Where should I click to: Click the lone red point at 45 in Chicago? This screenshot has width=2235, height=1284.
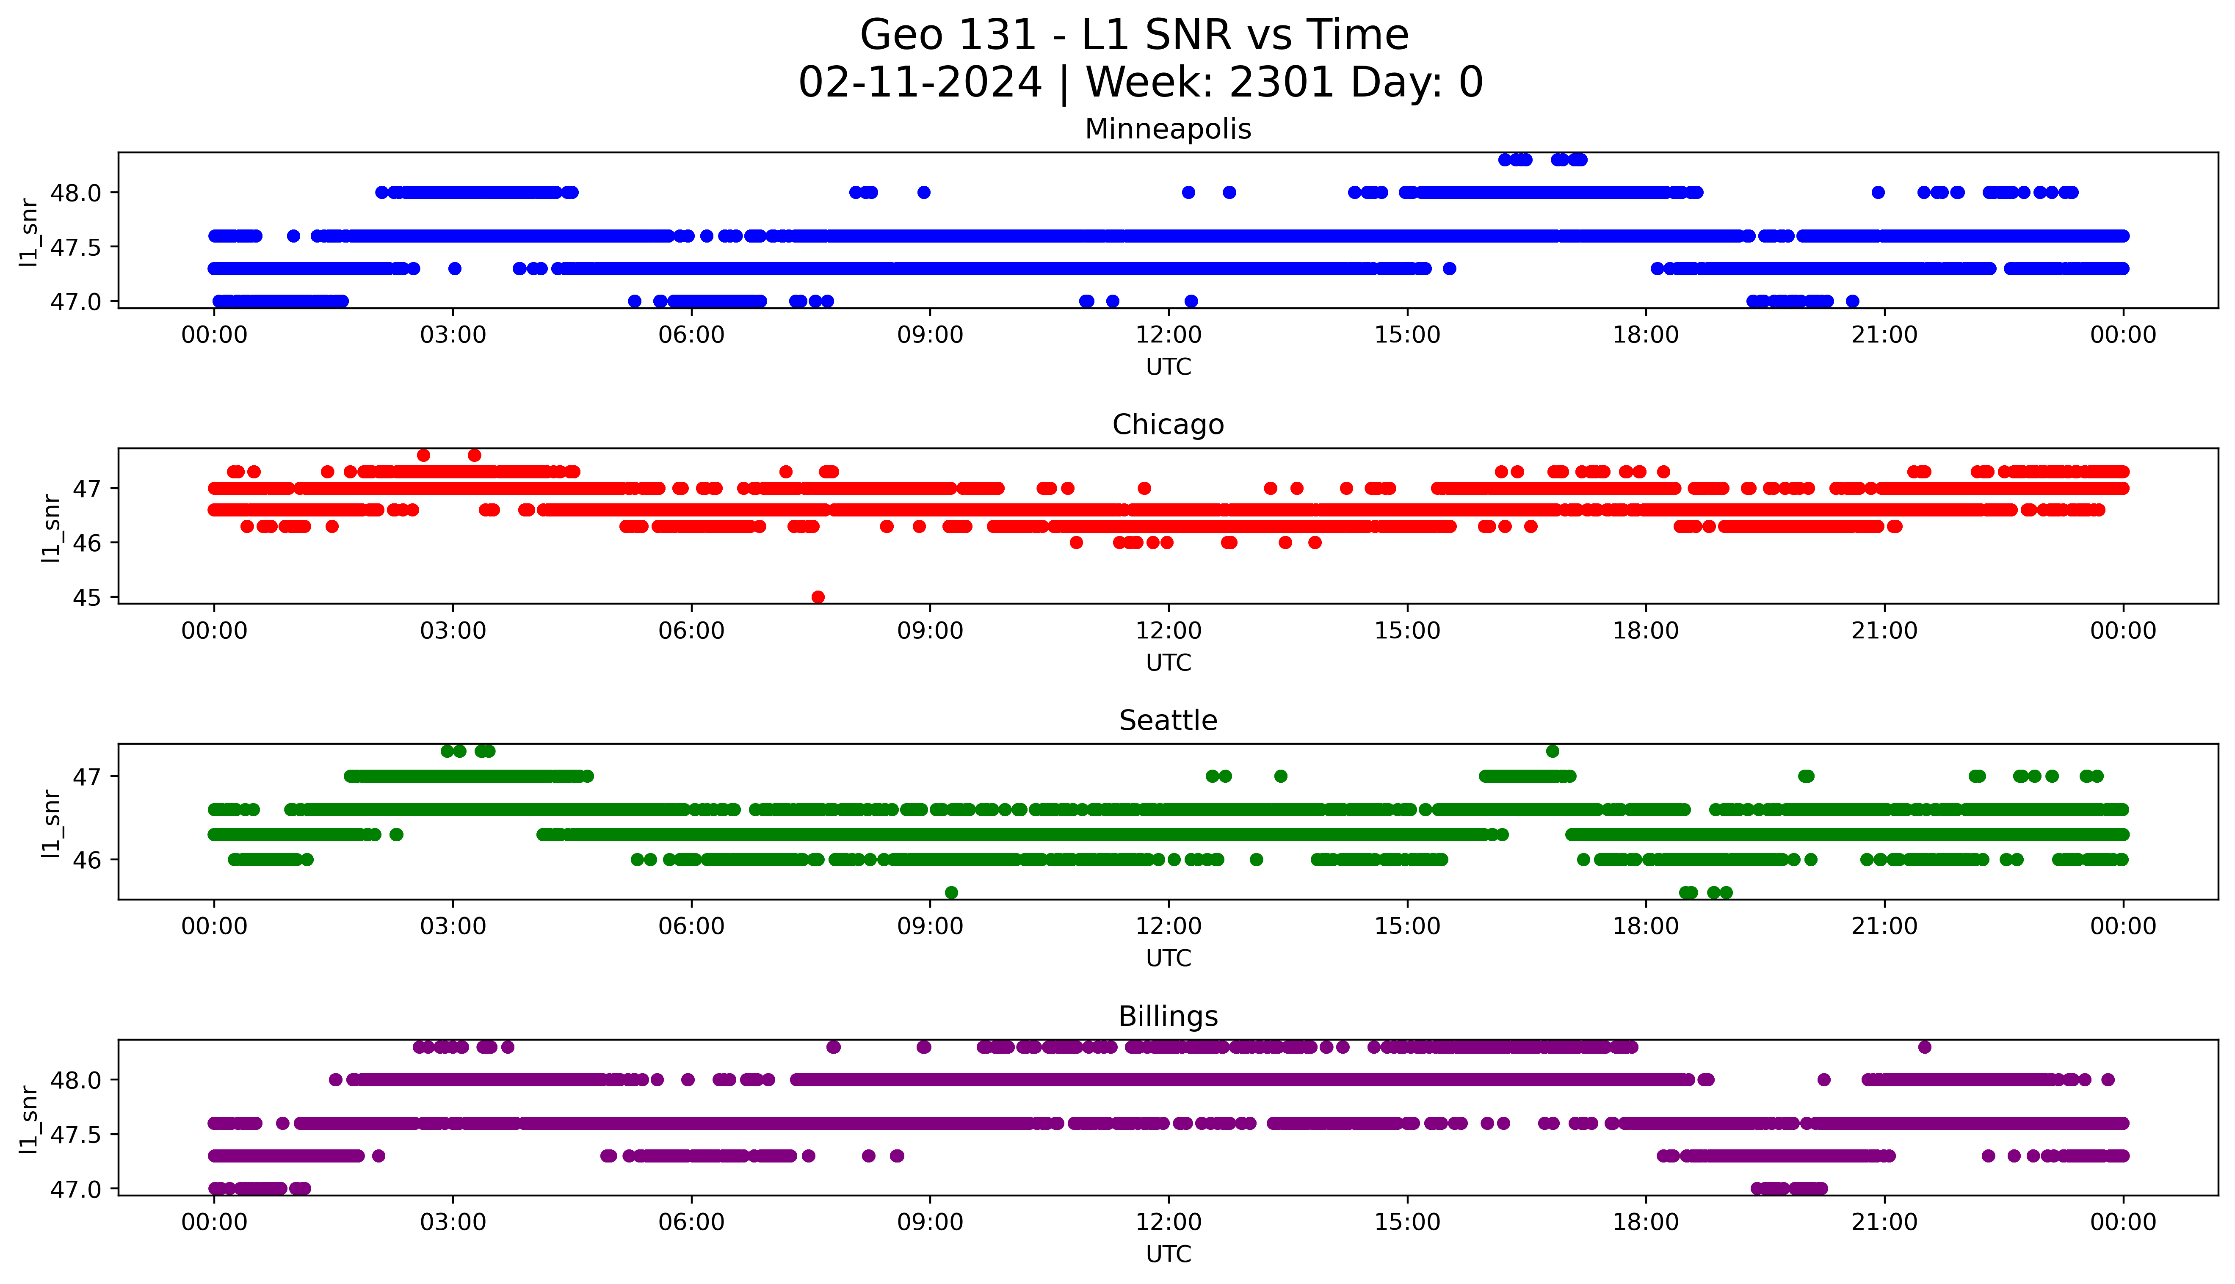(x=817, y=597)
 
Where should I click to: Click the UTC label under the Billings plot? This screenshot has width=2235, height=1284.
(x=1168, y=1253)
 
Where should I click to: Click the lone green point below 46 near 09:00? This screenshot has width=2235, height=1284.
(x=950, y=892)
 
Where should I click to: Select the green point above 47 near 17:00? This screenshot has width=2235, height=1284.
(x=1553, y=751)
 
